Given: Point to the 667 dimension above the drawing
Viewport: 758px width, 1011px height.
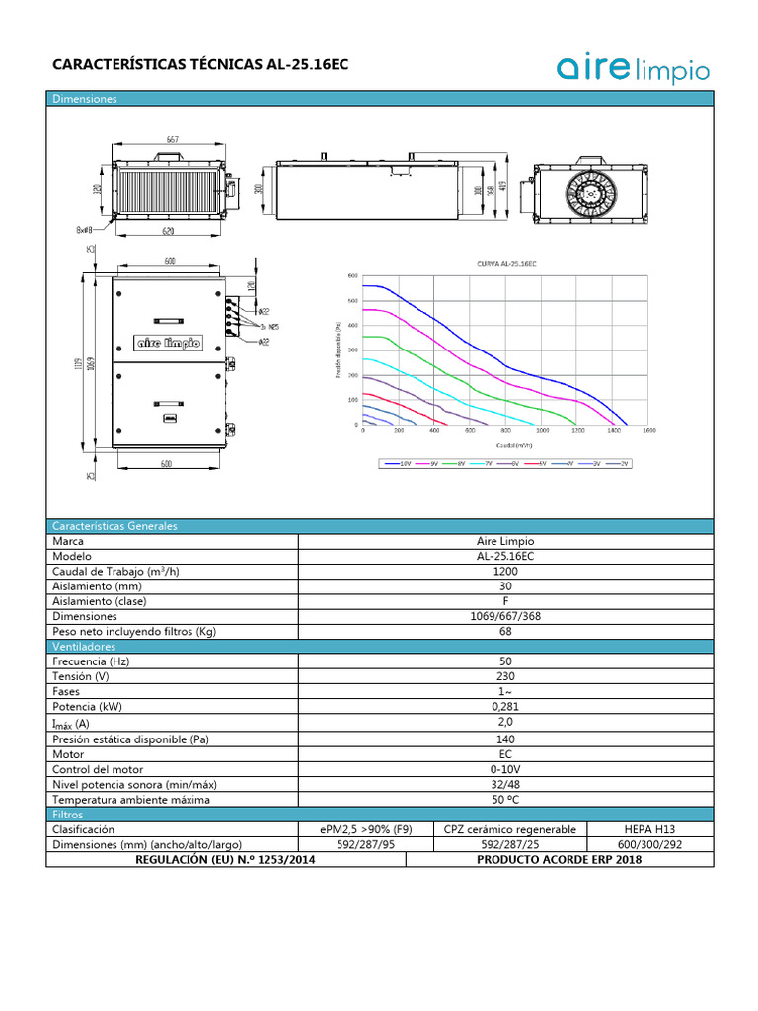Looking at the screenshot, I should tap(172, 140).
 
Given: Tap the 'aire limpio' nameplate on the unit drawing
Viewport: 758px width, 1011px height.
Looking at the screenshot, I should tap(168, 344).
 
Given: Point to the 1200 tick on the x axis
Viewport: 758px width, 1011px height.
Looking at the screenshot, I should tap(577, 431).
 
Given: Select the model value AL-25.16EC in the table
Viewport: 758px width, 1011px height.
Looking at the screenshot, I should tap(505, 556).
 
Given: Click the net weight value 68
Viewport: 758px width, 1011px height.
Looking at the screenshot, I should tap(505, 631).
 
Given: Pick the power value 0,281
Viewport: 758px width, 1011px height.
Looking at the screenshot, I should tap(505, 707).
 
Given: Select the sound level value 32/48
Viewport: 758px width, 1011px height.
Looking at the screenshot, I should tap(505, 784).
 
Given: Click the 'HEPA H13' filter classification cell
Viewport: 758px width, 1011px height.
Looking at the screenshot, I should tap(649, 830).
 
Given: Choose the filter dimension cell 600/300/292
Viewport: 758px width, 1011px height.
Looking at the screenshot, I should tap(649, 845).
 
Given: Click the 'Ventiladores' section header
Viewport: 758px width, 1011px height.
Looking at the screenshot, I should tap(84, 646).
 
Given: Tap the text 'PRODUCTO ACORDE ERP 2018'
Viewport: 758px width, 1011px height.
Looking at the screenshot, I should tap(559, 860).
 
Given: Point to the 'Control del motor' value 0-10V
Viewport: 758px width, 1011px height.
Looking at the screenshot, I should tap(505, 769).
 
